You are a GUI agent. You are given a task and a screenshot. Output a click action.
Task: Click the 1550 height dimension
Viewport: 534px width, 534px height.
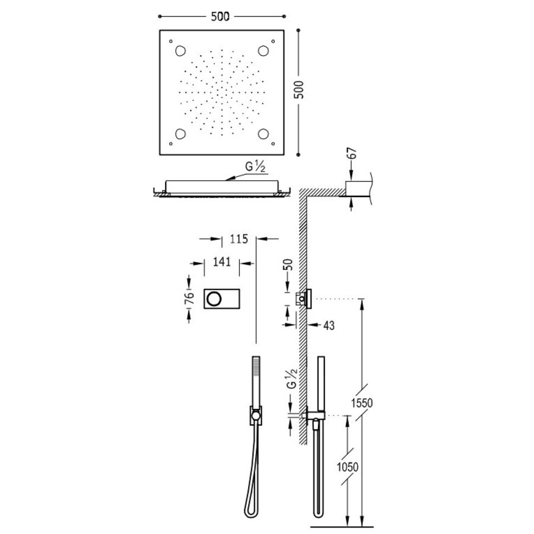363,403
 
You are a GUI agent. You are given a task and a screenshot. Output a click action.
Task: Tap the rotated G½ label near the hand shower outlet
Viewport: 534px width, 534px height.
291,377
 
